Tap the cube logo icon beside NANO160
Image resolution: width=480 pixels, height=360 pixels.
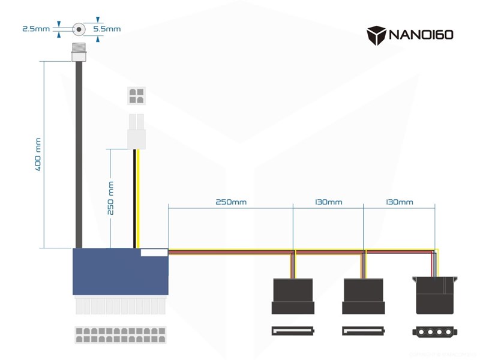pos(376,34)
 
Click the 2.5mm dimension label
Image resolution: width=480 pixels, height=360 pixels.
pos(35,28)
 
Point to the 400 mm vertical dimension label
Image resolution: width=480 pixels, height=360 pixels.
pos(38,155)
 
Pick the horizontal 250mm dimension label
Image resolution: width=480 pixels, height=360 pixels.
pos(231,202)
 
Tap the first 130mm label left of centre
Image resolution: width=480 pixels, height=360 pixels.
pos(328,202)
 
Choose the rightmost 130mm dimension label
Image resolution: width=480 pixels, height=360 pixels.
pos(399,202)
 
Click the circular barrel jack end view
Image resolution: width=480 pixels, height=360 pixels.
pos(78,29)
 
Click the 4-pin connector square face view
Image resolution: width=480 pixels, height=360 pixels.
pos(136,95)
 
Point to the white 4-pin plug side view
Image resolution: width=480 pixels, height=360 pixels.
pos(136,130)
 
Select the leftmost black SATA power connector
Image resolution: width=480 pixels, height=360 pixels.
pos(293,296)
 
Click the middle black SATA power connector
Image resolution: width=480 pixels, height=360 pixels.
pos(364,296)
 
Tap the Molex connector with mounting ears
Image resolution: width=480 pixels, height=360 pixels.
pos(435,294)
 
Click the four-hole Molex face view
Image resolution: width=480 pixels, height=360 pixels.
pos(435,331)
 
